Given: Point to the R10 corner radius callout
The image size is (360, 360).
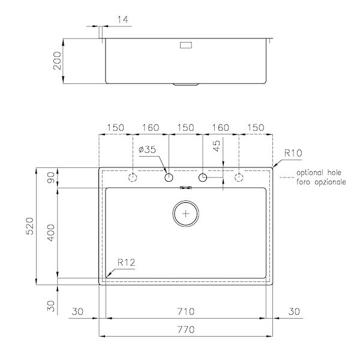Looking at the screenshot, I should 293,154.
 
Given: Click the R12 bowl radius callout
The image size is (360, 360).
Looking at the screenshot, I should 125,262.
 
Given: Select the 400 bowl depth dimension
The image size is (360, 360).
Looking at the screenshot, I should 52,234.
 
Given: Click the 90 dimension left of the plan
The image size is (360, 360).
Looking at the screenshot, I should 52,178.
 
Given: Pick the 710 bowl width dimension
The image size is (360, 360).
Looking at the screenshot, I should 186,312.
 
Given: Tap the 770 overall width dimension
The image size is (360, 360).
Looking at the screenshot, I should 186,329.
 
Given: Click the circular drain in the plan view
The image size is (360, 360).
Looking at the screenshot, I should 186,213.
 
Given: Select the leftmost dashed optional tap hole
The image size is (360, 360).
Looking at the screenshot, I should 133,178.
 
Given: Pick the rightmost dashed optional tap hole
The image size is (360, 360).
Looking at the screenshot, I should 239,178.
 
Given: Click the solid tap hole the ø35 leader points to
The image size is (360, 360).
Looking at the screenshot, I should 169,178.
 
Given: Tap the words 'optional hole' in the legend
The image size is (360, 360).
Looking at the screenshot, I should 320,172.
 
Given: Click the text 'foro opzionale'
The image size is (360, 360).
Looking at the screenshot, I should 320,181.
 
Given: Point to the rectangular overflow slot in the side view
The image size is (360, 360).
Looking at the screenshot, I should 186,44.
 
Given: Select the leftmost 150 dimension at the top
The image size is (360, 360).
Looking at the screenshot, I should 115,127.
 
